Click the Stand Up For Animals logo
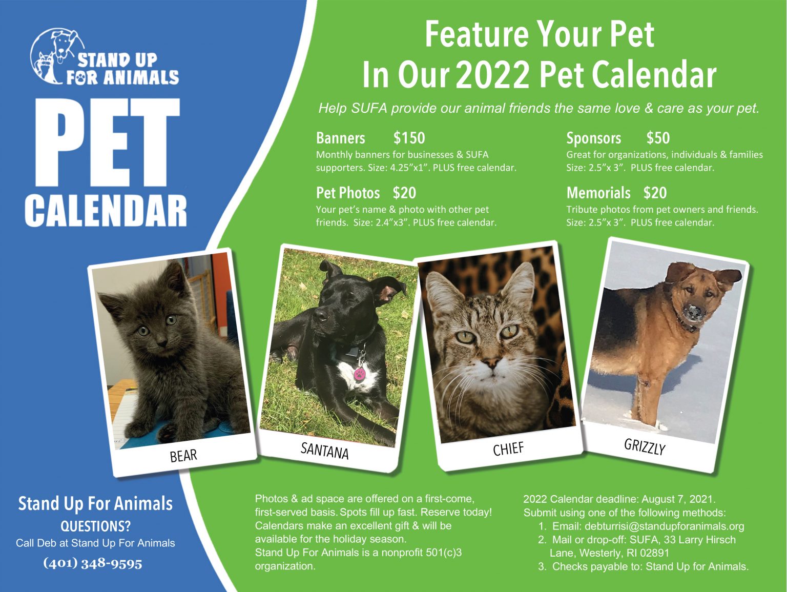(104, 57)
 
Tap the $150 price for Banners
(409, 138)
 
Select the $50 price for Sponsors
(658, 138)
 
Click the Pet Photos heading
(348, 193)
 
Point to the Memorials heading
(598, 193)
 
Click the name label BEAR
(183, 455)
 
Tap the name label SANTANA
(324, 451)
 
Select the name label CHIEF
(508, 449)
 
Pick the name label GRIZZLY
(645, 446)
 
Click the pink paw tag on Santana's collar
(360, 373)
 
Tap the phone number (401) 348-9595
(93, 563)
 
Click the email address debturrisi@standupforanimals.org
(664, 526)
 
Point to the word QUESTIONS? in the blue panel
(95, 526)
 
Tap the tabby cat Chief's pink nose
(491, 364)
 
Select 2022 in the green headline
(492, 75)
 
